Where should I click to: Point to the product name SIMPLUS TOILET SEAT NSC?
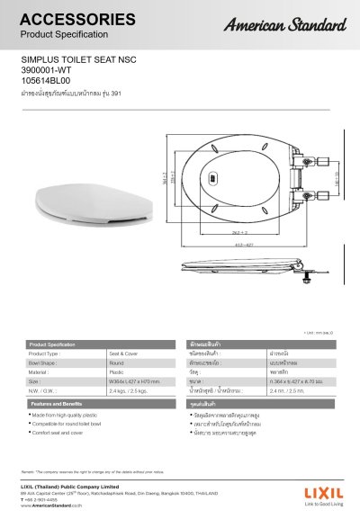pos(71,66)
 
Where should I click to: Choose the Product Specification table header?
pos(52,345)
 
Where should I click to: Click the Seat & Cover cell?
pos(121,354)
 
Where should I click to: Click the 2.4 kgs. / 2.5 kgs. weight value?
pos(130,391)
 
